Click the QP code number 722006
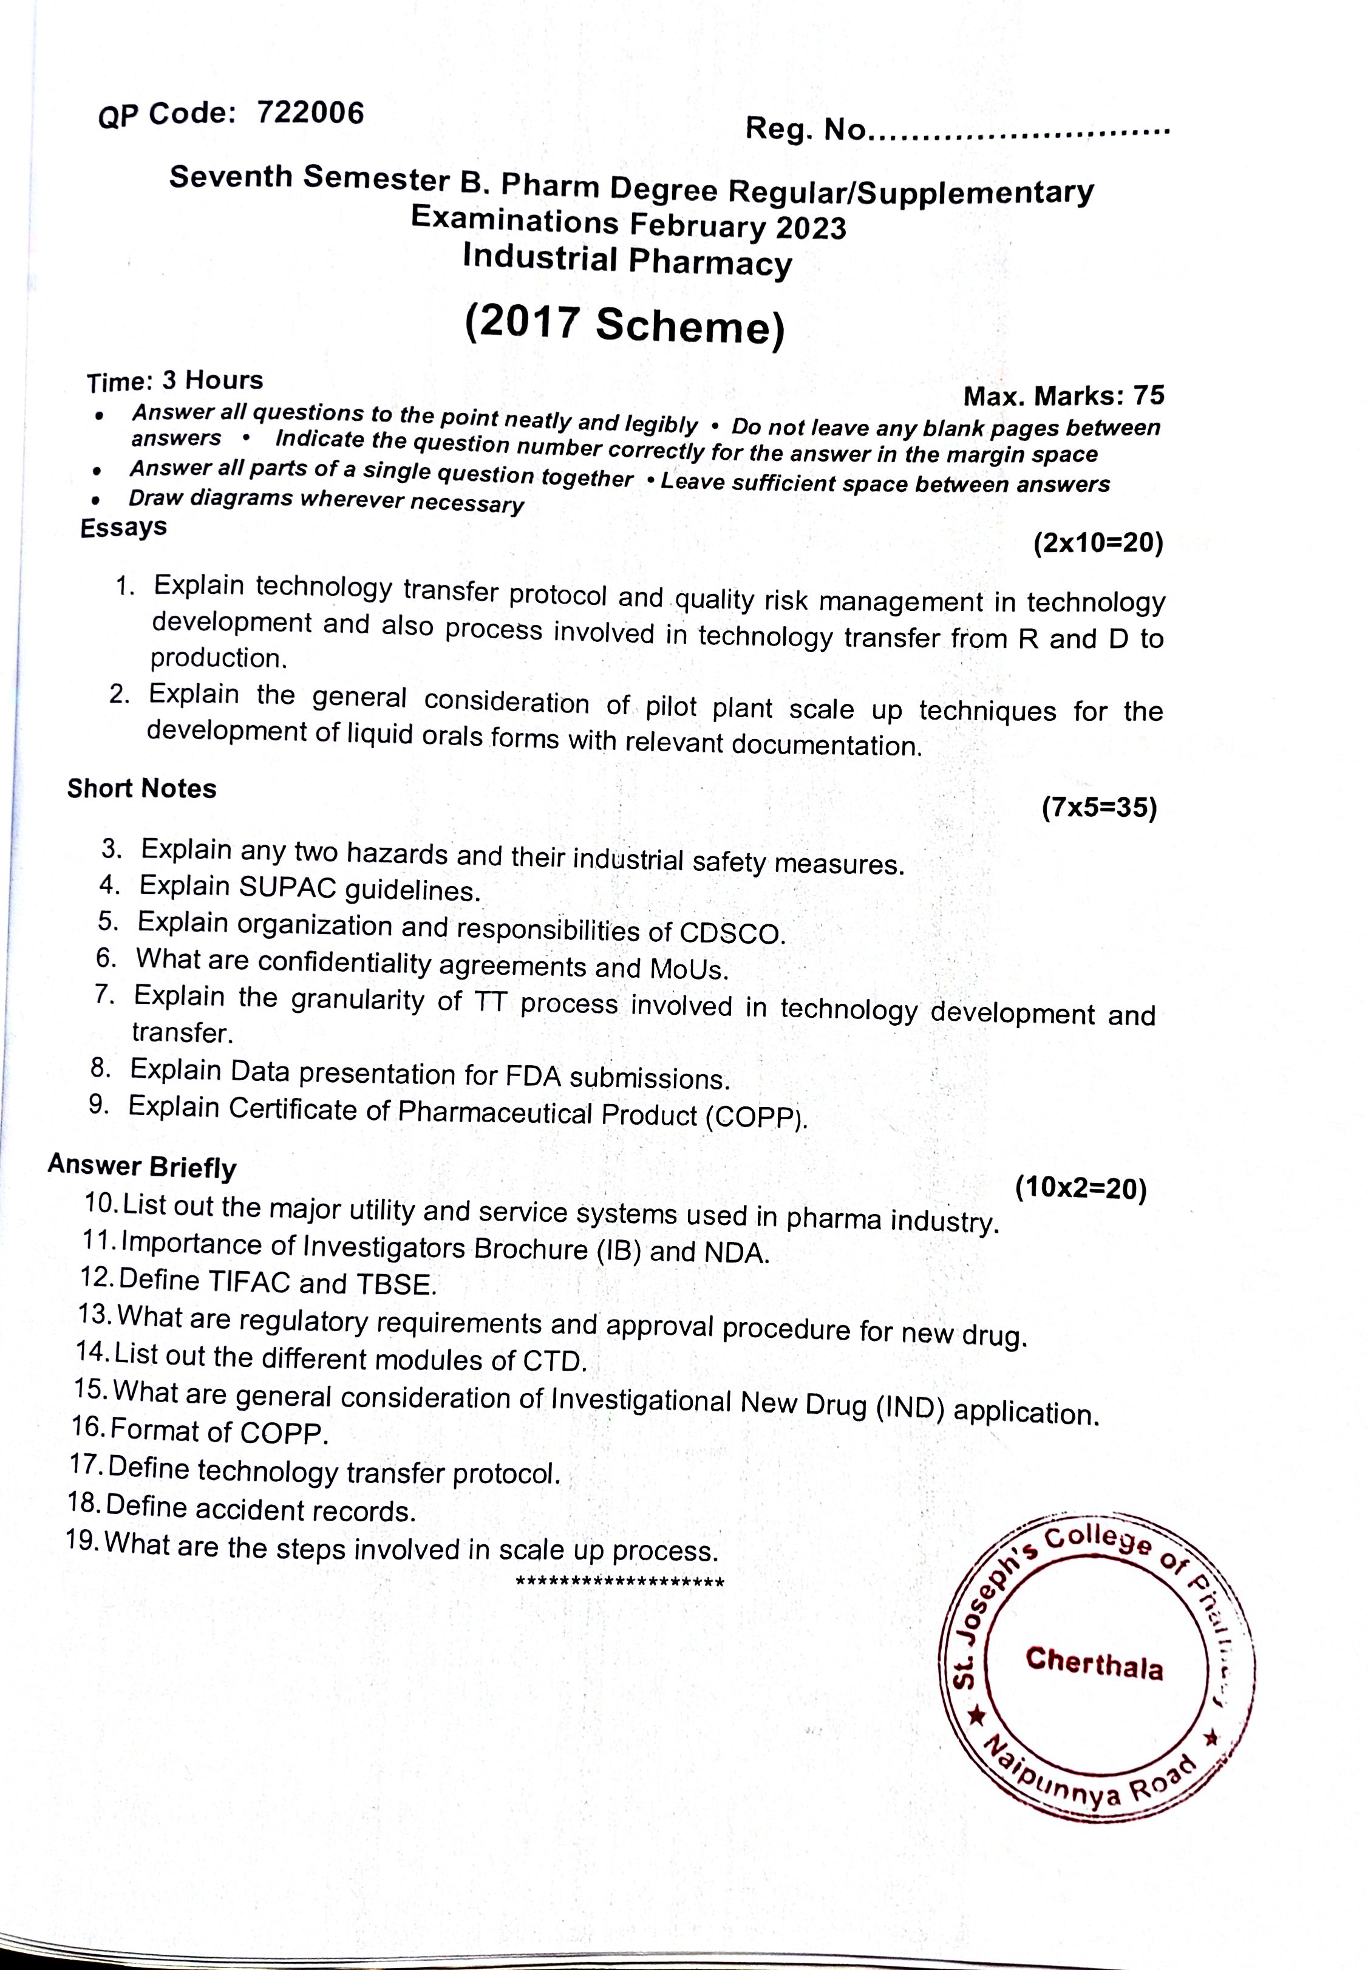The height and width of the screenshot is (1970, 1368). click(310, 112)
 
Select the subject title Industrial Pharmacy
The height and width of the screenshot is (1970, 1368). click(627, 261)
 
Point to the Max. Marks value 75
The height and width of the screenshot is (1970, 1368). click(1149, 395)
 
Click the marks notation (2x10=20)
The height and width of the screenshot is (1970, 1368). click(1098, 543)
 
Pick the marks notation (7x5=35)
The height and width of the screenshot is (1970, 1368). click(1100, 808)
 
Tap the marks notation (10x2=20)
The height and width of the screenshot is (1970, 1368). click(1080, 1188)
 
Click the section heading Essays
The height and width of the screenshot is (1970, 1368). click(123, 527)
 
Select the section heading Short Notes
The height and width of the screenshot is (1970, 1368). click(142, 789)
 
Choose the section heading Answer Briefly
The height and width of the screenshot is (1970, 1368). click(142, 1167)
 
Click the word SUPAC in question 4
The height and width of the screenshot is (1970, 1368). click(287, 887)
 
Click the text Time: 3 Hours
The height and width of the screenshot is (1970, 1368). click(175, 381)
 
